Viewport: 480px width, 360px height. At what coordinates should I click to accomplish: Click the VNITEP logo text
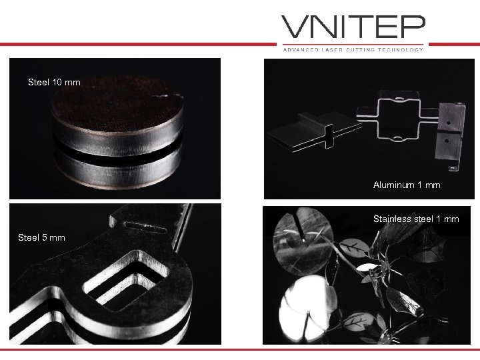(x=353, y=27)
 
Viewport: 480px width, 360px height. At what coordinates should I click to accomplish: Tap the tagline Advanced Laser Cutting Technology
(x=353, y=49)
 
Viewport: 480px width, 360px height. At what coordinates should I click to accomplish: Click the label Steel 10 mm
(x=54, y=83)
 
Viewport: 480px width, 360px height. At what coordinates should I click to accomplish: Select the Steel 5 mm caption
(x=41, y=237)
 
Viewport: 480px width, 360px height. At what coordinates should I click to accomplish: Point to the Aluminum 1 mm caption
(x=407, y=185)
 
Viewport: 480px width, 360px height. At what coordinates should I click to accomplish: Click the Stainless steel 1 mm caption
(x=416, y=219)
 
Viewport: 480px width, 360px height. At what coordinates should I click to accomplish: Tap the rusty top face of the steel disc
(x=117, y=103)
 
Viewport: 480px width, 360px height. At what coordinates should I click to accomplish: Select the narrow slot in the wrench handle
(x=145, y=227)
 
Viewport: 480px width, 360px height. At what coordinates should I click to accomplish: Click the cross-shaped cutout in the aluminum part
(x=329, y=137)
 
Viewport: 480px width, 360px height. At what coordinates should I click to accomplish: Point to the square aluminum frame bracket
(x=398, y=115)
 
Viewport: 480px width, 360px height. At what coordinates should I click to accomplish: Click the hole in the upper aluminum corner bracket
(x=449, y=123)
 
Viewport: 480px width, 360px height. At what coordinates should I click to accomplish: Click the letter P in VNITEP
(x=414, y=27)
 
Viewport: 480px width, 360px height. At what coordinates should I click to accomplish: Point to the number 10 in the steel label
(x=57, y=83)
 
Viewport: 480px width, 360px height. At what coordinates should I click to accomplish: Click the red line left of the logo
(x=138, y=45)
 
